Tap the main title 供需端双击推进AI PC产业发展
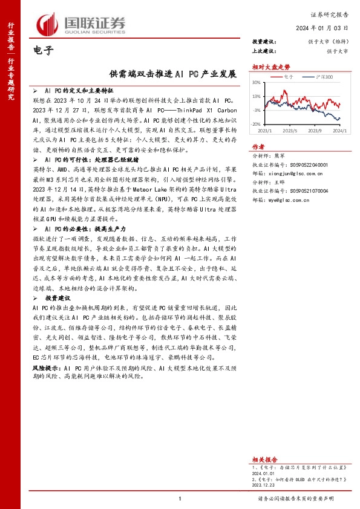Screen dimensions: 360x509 tap(172, 74)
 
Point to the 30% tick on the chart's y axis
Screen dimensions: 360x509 tap(256, 83)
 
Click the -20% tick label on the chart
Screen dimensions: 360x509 tap(256, 123)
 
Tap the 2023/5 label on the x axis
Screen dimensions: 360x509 tap(290, 130)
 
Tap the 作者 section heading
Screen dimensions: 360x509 tap(258, 147)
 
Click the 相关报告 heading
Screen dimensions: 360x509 tap(264, 459)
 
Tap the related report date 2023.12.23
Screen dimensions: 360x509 tap(263, 484)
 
